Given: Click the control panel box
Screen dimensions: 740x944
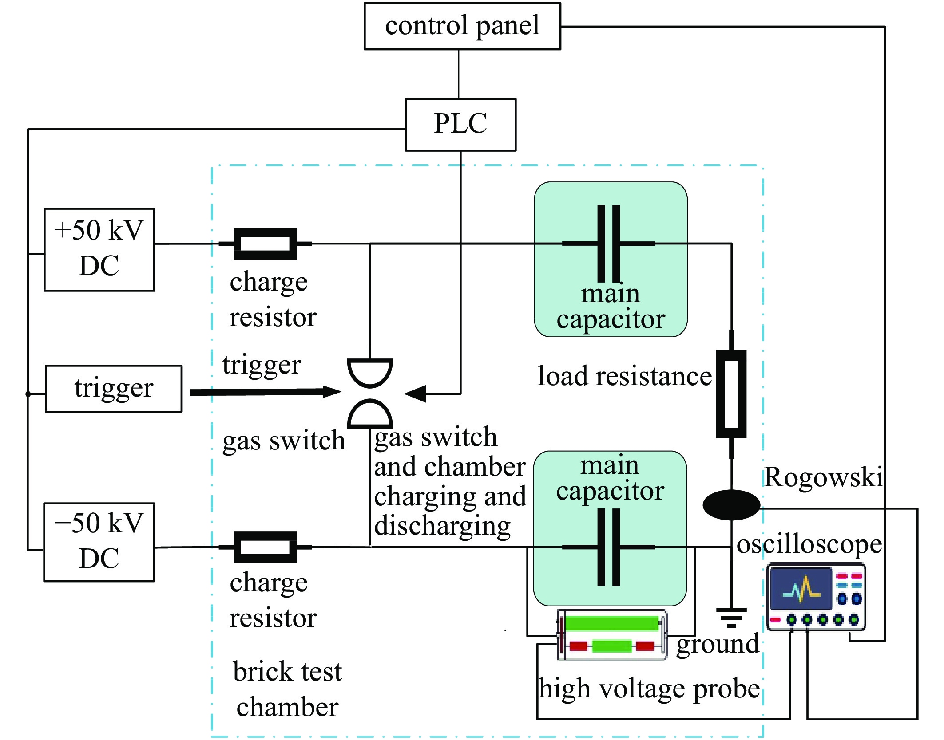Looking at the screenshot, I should point(462,26).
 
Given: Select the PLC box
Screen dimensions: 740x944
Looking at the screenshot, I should point(460,125).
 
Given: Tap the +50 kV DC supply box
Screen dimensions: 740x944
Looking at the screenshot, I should point(99,249).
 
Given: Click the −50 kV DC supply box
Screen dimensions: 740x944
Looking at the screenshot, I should point(99,542).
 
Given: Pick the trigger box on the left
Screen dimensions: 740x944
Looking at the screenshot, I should point(114,389).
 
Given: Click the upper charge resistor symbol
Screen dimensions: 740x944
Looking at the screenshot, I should point(265,244).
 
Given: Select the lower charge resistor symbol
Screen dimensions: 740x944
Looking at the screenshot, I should point(265,547).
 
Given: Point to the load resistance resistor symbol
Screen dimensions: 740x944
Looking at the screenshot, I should point(731,394).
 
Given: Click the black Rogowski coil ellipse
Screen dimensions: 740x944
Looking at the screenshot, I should point(731,505).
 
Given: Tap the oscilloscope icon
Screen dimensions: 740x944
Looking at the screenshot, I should point(816,597).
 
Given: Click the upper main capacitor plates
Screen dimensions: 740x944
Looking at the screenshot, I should point(609,244).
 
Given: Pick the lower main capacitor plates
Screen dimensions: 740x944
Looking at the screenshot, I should point(609,547).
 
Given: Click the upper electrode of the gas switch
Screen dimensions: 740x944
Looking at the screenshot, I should point(370,371).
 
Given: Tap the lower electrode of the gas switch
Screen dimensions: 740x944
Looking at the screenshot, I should point(370,414).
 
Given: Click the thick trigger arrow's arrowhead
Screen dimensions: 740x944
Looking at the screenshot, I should point(331,391).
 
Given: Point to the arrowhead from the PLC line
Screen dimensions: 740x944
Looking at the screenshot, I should point(416,394).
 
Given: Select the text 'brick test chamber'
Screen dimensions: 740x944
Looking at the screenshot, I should point(287,689).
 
